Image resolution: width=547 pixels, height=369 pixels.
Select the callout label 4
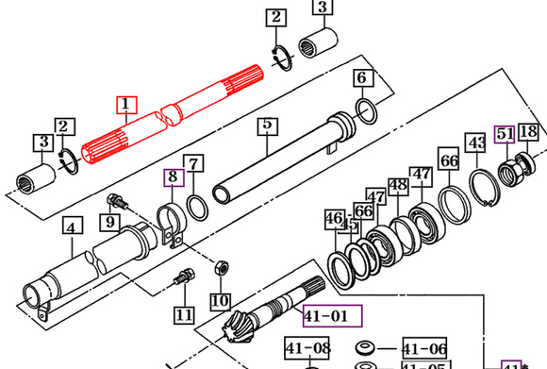coord(73,226)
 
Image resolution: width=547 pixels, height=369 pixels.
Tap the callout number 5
coord(267,125)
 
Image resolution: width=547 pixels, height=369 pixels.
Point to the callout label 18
coord(528,132)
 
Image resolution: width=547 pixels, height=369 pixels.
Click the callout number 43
coord(477,143)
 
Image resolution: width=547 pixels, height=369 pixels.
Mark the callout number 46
coord(334,219)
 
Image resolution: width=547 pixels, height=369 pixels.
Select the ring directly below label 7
coord(197,206)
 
